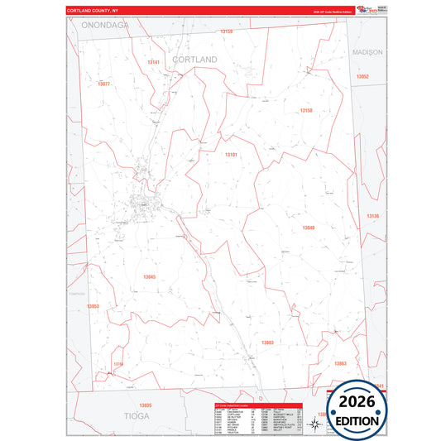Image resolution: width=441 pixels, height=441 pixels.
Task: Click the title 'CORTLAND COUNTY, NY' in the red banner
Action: [x=93, y=10]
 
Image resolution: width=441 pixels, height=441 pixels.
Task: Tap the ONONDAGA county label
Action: [x=105, y=26]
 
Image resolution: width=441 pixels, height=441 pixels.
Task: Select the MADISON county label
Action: [x=367, y=51]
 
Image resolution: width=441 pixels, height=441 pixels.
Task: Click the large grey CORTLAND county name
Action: [x=194, y=60]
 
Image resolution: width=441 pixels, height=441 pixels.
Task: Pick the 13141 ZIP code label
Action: [x=154, y=62]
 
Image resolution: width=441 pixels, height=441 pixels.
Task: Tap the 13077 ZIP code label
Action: [x=104, y=84]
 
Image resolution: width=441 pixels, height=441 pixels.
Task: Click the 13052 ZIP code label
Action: [x=362, y=76]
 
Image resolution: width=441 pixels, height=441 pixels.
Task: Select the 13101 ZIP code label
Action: [x=231, y=154]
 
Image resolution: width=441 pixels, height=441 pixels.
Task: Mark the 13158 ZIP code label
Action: [x=306, y=110]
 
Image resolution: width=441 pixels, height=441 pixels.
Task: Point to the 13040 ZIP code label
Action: [x=308, y=228]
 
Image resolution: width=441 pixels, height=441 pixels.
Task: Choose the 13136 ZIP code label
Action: [x=373, y=216]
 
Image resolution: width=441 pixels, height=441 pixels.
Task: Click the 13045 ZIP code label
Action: [x=150, y=276]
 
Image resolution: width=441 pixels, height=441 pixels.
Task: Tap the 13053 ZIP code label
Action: [x=93, y=306]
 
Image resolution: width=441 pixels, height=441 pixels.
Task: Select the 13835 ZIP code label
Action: [x=146, y=405]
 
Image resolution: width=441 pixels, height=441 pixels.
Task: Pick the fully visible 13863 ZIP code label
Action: [x=340, y=363]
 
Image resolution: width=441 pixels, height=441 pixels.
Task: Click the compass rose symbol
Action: [x=315, y=424]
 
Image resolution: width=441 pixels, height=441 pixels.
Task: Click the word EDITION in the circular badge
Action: [x=357, y=420]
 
